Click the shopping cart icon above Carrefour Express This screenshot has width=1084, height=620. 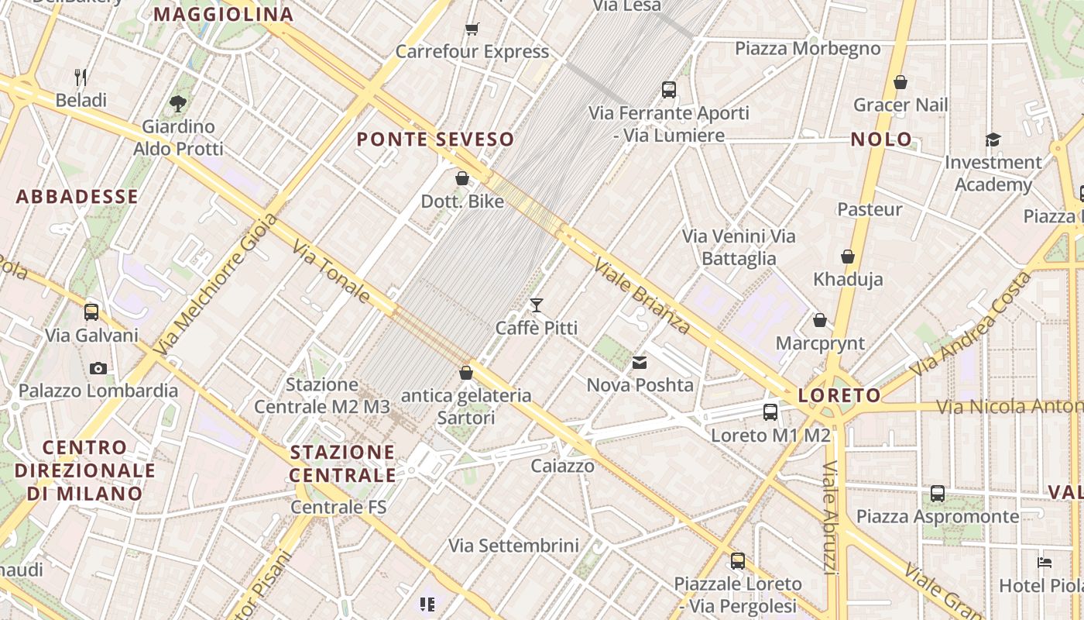472,29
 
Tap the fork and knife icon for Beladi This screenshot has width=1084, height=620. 81,77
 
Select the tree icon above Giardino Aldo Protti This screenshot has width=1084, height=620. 178,103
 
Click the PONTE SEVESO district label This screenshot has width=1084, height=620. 435,139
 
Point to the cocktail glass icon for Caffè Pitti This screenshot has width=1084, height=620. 536,305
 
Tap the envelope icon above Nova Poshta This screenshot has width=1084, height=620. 640,362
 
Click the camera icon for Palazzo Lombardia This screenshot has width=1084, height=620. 98,368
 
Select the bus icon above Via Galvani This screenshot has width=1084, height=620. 91,312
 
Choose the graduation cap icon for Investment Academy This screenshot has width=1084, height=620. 993,139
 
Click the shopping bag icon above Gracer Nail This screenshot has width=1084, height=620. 900,82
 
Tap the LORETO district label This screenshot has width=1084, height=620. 839,395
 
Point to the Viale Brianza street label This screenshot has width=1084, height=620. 641,296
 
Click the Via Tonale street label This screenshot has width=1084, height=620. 331,270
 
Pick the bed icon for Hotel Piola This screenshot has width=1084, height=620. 1045,563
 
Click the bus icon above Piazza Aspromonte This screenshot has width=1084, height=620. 937,493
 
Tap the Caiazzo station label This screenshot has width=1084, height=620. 562,466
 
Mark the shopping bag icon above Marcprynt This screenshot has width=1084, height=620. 820,320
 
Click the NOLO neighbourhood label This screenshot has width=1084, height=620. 881,139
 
